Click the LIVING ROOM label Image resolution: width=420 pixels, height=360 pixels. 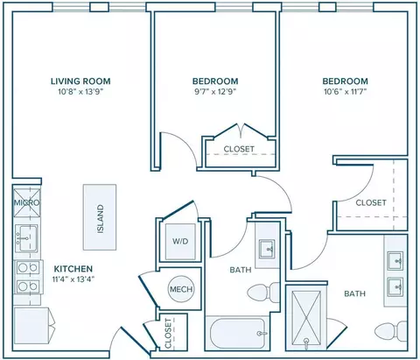tap(80, 81)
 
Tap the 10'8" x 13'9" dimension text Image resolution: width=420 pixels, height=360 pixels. tap(81, 92)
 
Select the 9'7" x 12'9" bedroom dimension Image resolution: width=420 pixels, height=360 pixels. tap(215, 92)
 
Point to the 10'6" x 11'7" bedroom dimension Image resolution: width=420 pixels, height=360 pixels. tap(346, 92)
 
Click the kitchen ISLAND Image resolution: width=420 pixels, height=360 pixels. tap(100, 217)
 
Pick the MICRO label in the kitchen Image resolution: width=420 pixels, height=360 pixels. tap(26, 202)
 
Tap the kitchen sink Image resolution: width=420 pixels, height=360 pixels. tap(26, 238)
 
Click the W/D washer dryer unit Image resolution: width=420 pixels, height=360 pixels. tap(180, 241)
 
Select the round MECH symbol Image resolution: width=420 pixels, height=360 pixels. tap(181, 289)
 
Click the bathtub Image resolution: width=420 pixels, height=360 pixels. tap(236, 333)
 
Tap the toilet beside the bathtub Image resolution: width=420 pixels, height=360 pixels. tap(263, 293)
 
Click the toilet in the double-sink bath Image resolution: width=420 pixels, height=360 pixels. tap(391, 331)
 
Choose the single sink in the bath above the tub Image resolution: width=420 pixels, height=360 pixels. tap(268, 249)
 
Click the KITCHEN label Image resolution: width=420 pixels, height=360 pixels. tap(73, 269)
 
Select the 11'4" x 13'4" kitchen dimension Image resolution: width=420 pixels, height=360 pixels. tap(73, 279)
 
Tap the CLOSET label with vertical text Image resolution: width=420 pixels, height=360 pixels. tap(168, 334)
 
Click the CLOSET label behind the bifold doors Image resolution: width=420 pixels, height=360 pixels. tap(239, 149)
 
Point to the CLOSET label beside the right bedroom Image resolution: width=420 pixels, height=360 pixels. tap(371, 202)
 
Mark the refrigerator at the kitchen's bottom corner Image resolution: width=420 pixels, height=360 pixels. tap(31, 326)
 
